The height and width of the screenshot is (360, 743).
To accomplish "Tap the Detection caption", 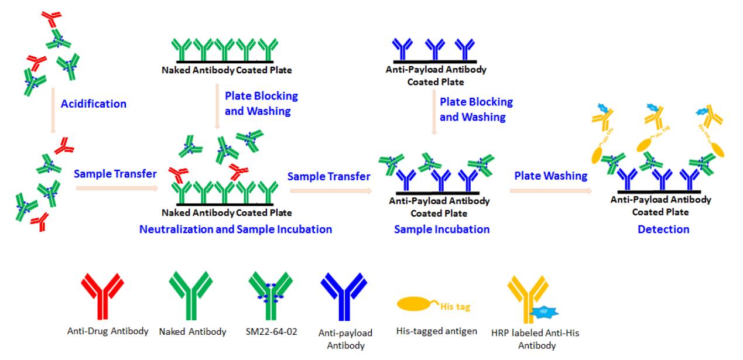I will point(664,229).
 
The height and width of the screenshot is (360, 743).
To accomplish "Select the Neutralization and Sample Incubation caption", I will point(235,229).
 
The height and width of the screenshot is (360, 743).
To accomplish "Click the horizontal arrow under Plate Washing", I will point(550,190).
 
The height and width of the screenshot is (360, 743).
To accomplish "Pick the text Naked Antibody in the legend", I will point(193,332).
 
